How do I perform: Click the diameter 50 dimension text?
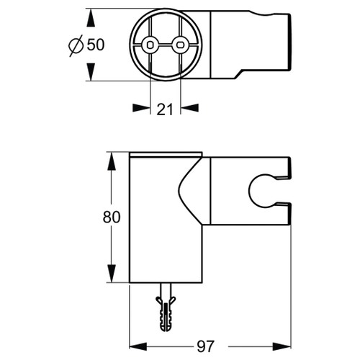tap(96, 45)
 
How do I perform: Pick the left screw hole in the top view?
tap(149, 45)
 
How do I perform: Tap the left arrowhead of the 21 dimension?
tap(140, 108)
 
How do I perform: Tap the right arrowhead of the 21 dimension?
tap(189, 108)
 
